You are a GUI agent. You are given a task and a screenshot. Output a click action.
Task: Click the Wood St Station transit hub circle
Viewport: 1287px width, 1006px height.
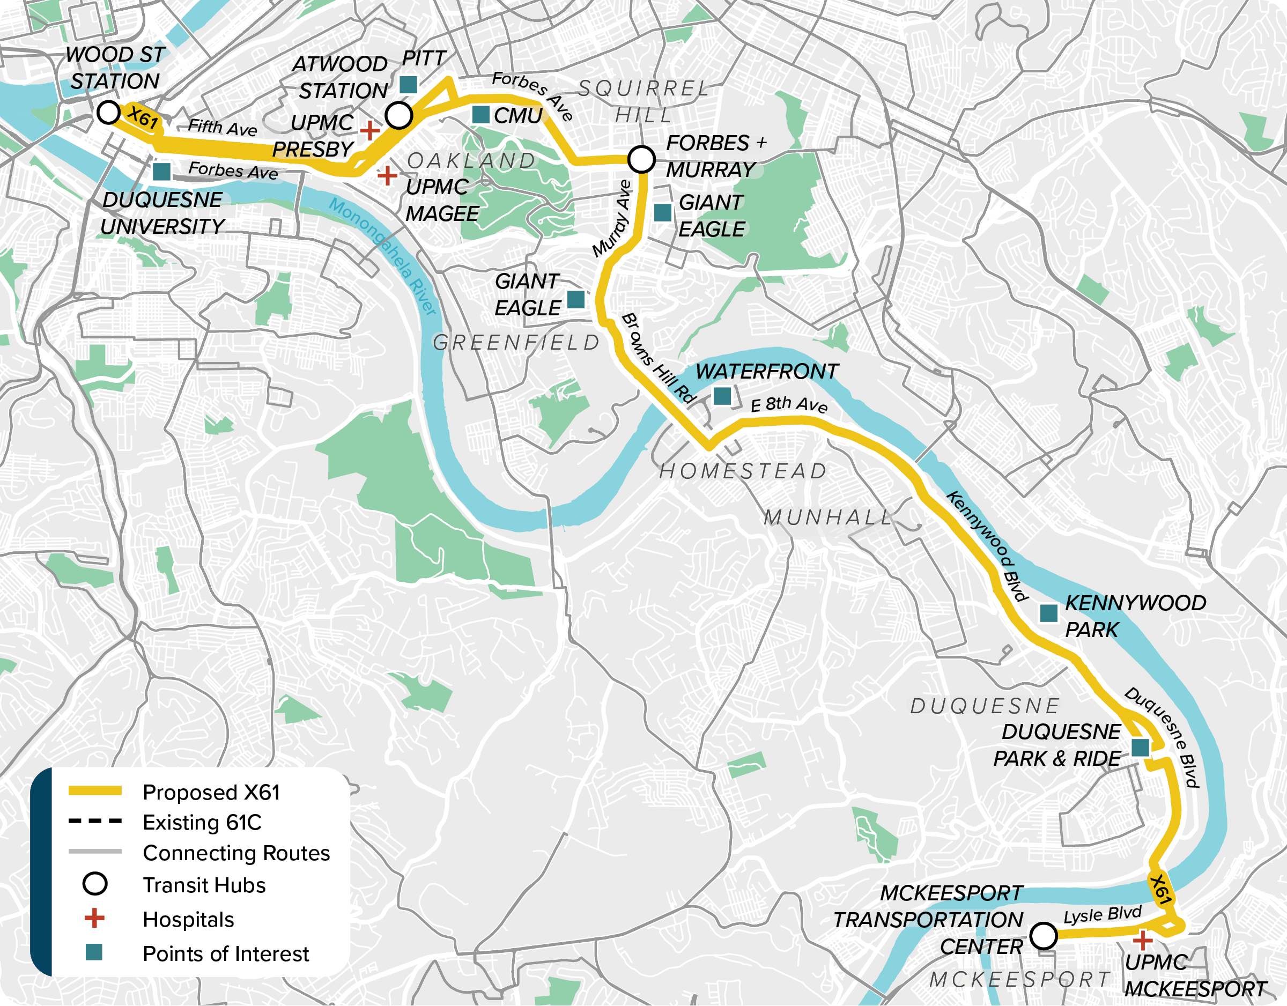pyautogui.click(x=108, y=112)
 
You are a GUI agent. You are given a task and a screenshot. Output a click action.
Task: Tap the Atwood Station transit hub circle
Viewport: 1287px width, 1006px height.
pyautogui.click(x=399, y=115)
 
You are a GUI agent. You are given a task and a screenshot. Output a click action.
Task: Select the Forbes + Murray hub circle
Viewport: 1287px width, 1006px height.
pyautogui.click(x=641, y=159)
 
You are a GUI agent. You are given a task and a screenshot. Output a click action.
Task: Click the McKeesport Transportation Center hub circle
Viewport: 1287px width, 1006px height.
pyautogui.click(x=1044, y=935)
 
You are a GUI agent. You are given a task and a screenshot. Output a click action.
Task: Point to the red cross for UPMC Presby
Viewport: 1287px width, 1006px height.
pyautogui.click(x=370, y=130)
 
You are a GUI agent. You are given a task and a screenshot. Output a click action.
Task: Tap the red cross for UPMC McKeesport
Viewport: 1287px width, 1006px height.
pyautogui.click(x=1143, y=940)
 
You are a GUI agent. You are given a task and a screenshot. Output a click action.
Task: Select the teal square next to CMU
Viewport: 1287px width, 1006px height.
pyautogui.click(x=481, y=115)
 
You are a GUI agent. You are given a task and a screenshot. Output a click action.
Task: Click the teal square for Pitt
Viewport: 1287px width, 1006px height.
pyautogui.click(x=409, y=85)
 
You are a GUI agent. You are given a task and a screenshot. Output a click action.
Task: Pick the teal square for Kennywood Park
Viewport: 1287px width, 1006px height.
pyautogui.click(x=1048, y=613)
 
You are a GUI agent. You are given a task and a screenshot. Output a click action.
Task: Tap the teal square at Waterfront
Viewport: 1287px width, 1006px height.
pyautogui.click(x=722, y=396)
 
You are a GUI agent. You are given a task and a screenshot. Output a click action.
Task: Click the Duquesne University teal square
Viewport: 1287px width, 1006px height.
pyautogui.click(x=161, y=172)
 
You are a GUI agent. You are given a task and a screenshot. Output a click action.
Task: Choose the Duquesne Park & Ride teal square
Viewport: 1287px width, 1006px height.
pyautogui.click(x=1140, y=748)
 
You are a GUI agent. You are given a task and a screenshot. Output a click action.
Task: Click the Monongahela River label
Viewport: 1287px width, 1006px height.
pyautogui.click(x=382, y=256)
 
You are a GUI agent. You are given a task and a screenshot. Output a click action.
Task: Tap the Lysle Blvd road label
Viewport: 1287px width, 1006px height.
pyautogui.click(x=1102, y=915)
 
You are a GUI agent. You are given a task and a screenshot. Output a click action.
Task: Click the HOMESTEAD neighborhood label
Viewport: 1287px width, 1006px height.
pyautogui.click(x=743, y=471)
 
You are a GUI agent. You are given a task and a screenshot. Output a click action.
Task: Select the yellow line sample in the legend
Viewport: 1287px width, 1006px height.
pyautogui.click(x=95, y=792)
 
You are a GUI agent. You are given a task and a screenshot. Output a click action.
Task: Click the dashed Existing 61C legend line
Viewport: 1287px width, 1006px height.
pyautogui.click(x=95, y=821)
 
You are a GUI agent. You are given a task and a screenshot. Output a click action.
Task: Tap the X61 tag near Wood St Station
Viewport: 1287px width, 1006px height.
pyautogui.click(x=143, y=117)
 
